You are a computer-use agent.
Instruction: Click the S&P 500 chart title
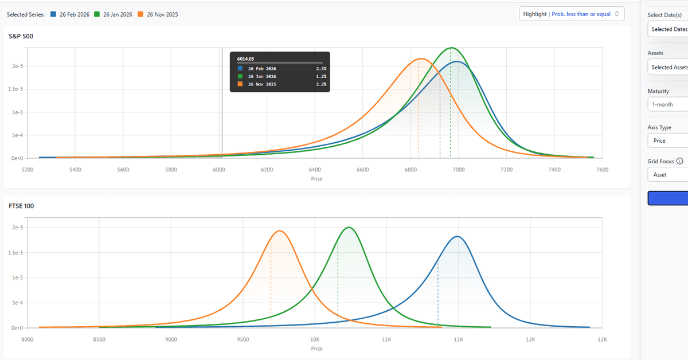click(x=21, y=36)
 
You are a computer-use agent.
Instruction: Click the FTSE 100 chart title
click(x=21, y=206)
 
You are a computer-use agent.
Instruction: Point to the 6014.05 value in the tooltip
click(x=245, y=58)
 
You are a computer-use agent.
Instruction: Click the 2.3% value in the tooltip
click(x=321, y=68)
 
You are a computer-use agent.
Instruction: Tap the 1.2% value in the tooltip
click(x=321, y=76)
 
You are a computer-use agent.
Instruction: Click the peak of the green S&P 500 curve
click(x=452, y=48)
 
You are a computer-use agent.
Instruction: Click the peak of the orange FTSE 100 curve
click(x=279, y=231)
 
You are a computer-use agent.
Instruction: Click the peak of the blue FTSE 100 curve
click(x=457, y=236)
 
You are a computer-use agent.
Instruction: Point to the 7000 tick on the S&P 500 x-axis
click(x=458, y=170)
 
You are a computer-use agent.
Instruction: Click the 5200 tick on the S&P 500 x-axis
click(x=27, y=170)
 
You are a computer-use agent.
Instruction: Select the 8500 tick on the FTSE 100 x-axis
click(x=99, y=339)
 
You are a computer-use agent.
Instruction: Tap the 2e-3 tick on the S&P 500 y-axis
click(x=17, y=66)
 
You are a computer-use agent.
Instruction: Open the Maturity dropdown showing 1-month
click(x=668, y=104)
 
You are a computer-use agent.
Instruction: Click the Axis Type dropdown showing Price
click(x=668, y=140)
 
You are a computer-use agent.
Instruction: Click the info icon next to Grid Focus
click(x=680, y=162)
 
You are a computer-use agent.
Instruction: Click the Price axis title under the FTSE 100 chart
click(x=316, y=349)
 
